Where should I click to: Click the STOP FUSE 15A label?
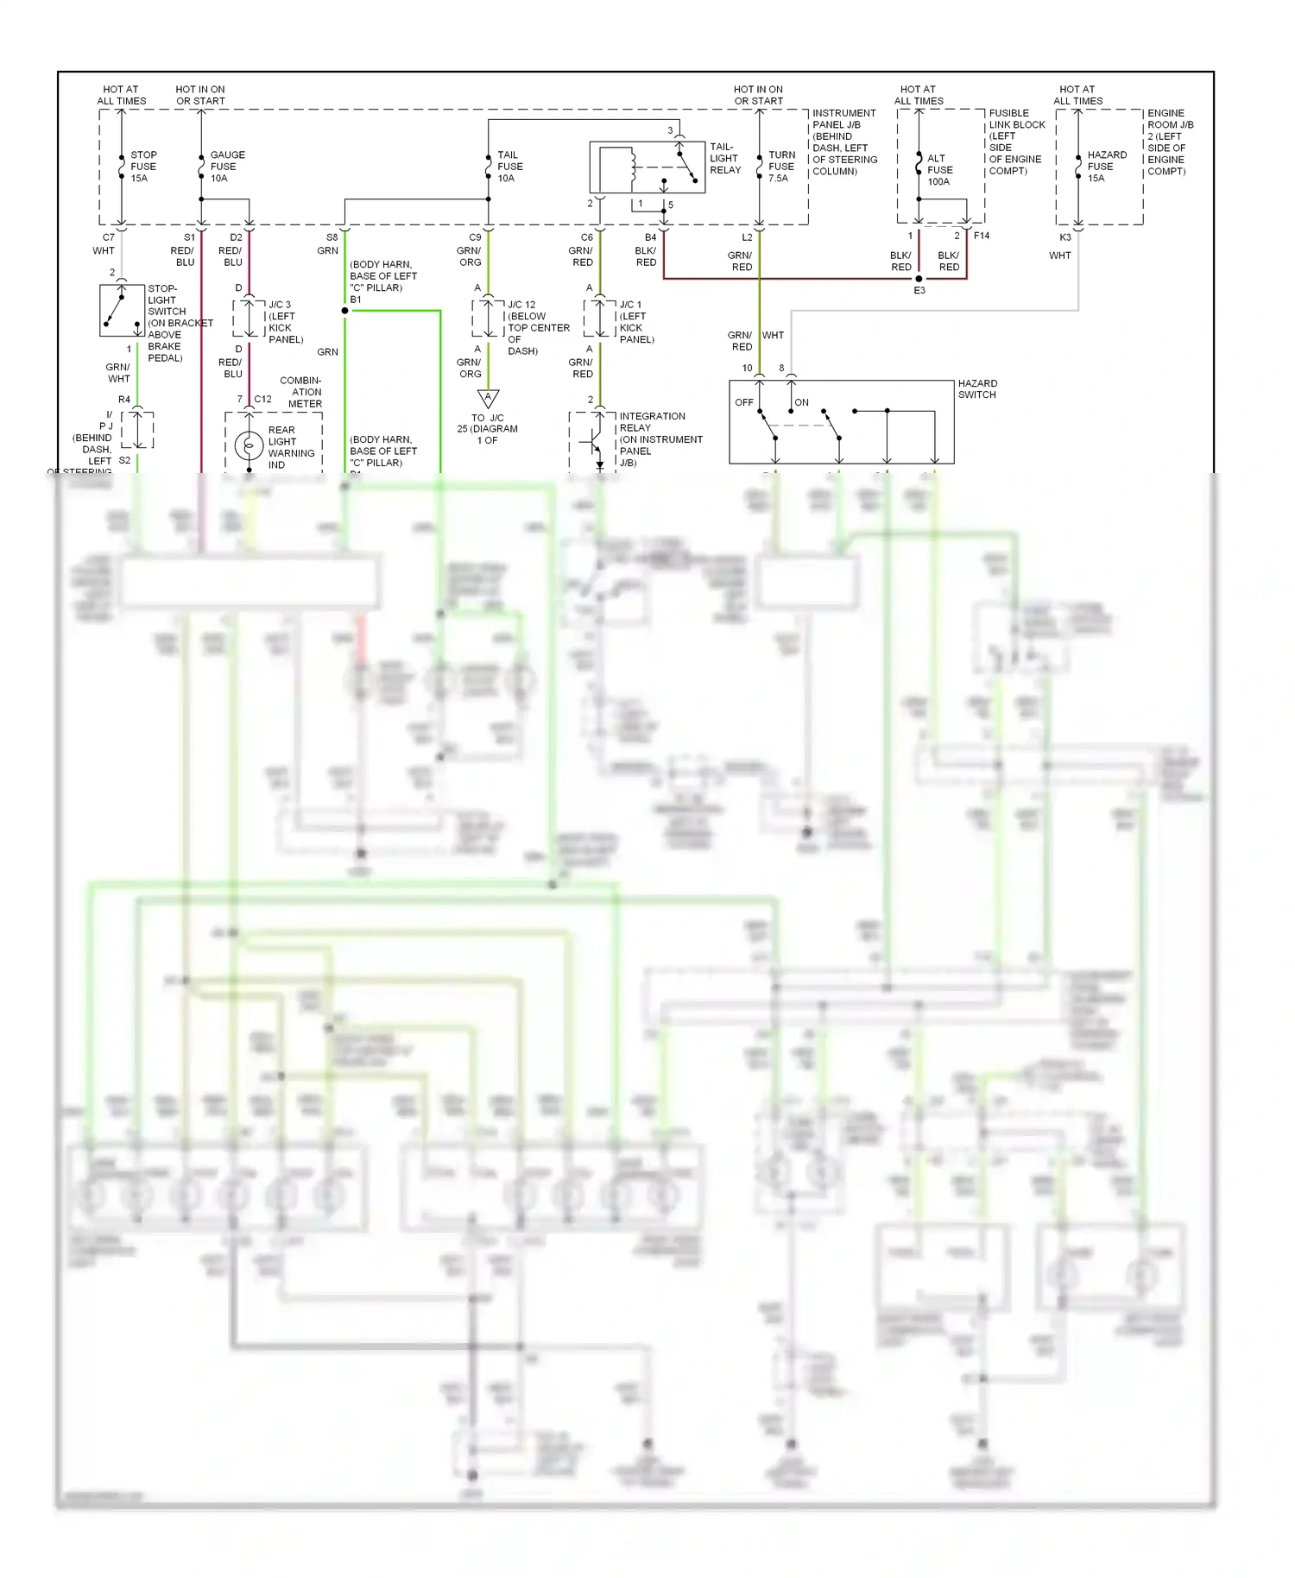[x=143, y=167]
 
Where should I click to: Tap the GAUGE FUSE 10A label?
[x=226, y=167]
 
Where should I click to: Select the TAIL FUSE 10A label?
[x=509, y=167]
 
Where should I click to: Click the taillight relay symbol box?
[x=647, y=167]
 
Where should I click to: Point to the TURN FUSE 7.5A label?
[x=781, y=167]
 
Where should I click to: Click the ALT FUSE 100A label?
[x=939, y=170]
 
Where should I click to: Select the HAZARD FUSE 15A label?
[x=1106, y=167]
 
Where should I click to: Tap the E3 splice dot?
[x=919, y=279]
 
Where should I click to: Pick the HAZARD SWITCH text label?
[x=976, y=389]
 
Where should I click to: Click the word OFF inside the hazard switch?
[x=743, y=402]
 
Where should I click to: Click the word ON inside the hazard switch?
[x=801, y=402]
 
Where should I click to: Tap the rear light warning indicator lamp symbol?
[x=249, y=446]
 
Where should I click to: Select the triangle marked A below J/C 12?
[x=488, y=398]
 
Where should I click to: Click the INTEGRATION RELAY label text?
[x=652, y=422]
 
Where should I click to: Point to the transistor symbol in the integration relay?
[x=592, y=442]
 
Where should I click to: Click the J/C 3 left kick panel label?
[x=285, y=322]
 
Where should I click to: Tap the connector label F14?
[x=982, y=236]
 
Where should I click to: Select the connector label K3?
[x=1065, y=237]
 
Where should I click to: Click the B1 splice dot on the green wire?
[x=345, y=311]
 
